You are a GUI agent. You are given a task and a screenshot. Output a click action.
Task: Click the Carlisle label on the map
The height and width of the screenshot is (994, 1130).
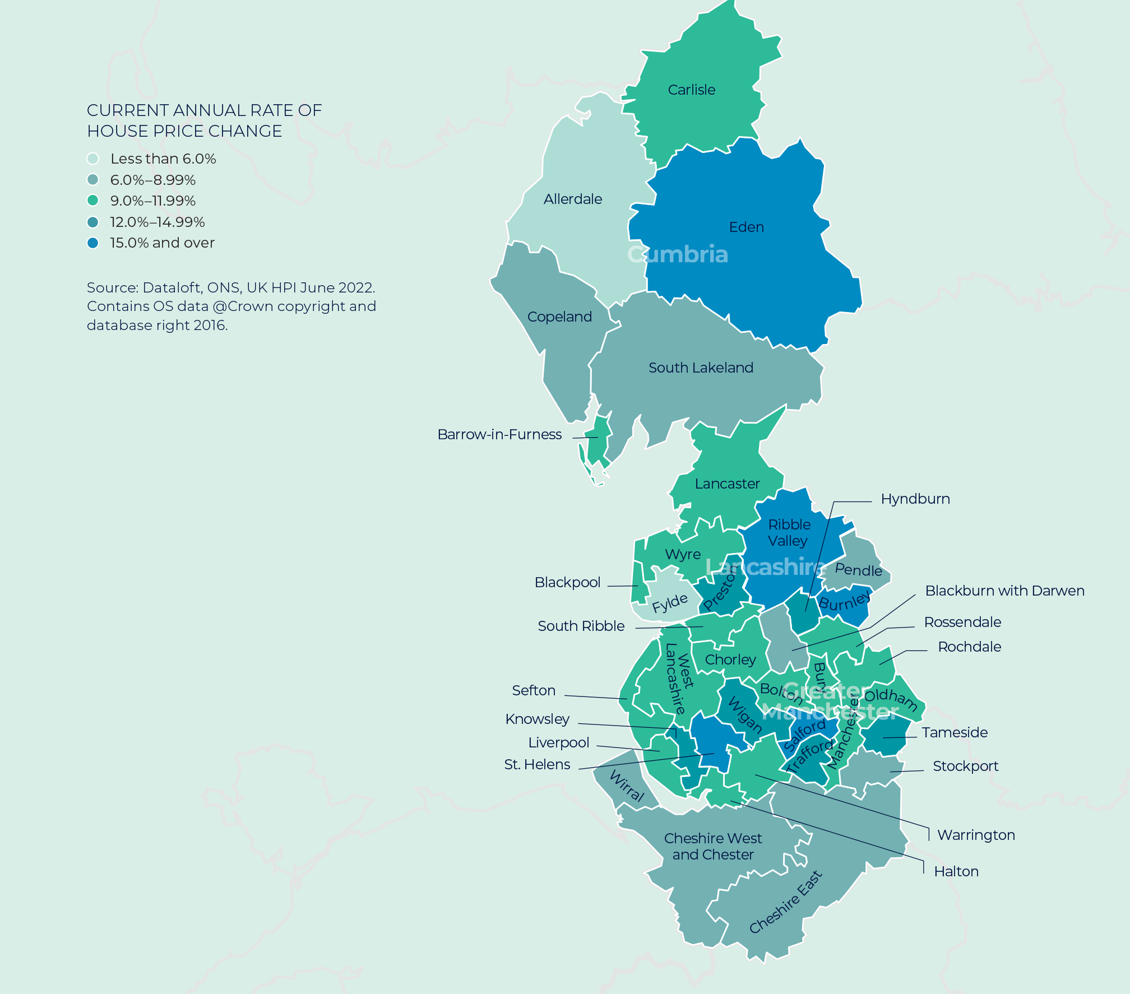pos(691,90)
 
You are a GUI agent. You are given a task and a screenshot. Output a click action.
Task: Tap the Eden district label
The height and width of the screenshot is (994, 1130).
pos(746,227)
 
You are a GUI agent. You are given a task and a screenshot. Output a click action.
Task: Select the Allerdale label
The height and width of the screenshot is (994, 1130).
pos(572,199)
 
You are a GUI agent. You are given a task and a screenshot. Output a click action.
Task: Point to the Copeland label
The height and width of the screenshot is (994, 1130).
pos(559,317)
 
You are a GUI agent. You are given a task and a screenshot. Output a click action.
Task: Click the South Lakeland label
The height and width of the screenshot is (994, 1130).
pos(701,368)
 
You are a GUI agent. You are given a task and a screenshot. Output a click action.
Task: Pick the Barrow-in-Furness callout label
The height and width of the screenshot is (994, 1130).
pos(499,434)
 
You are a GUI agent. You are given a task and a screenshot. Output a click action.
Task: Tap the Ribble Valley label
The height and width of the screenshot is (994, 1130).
pos(789,532)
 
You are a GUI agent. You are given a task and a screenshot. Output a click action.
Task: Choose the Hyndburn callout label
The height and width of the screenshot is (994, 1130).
pos(915,499)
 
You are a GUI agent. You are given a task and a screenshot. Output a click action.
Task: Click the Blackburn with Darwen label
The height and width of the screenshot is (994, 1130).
pos(1004,591)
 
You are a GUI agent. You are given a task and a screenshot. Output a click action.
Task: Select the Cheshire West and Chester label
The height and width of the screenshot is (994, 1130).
pos(712,846)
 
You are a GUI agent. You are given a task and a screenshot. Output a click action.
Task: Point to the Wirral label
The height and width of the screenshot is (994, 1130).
pos(627,786)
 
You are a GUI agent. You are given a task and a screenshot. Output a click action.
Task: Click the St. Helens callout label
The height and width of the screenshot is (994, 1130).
pos(537,764)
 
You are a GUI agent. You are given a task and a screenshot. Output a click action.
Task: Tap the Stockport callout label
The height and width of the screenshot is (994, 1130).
pos(965,766)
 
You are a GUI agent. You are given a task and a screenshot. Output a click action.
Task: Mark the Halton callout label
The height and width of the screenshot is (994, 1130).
pos(956,871)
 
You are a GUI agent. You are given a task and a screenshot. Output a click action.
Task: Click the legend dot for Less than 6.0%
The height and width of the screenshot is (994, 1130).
pos(93,159)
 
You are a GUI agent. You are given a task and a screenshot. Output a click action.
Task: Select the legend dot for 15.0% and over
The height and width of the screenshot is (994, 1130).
pos(93,243)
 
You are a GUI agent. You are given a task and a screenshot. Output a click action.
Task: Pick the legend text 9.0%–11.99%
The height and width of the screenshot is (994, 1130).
pos(152,201)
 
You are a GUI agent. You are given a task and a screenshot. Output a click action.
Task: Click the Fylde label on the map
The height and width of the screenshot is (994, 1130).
pos(669,603)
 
